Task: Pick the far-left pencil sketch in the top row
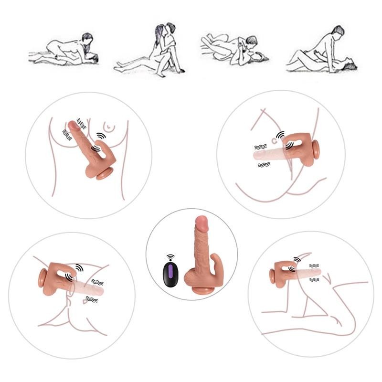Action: (64, 50)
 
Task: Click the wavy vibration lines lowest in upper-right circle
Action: (264, 164)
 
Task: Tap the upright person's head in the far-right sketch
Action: (337, 32)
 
